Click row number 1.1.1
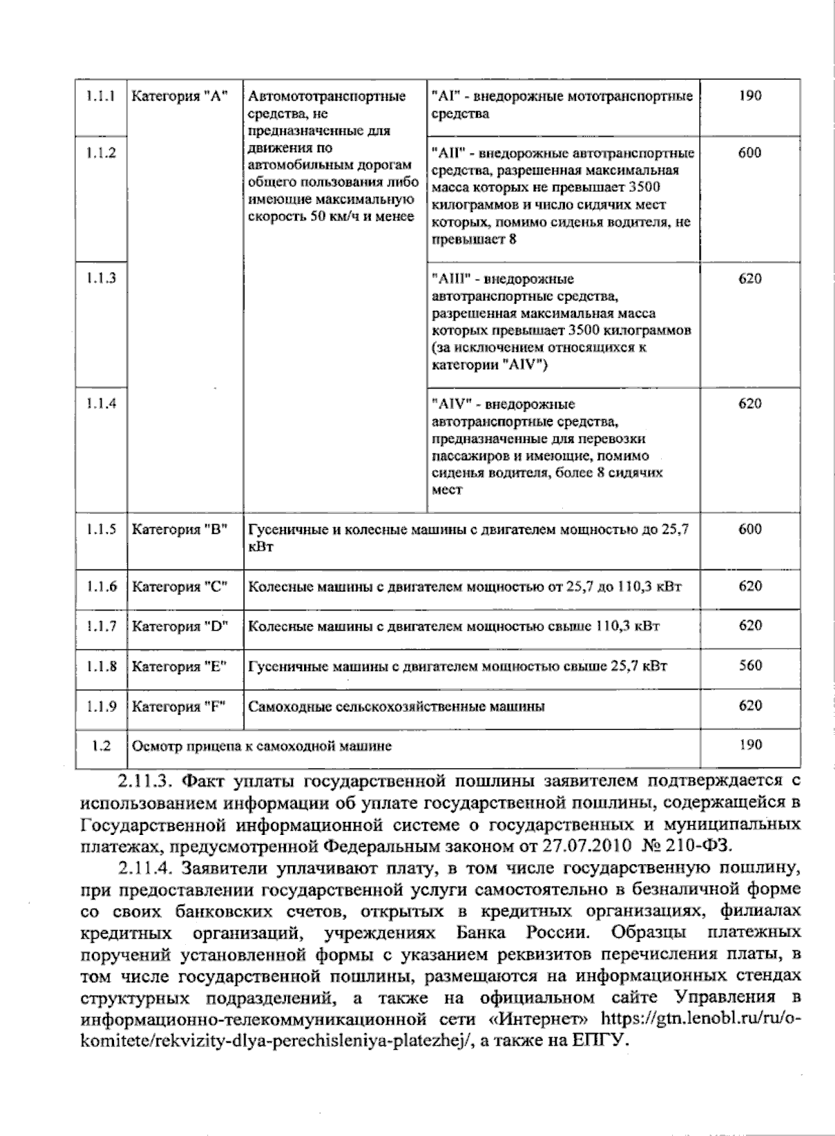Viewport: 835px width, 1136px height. point(101,96)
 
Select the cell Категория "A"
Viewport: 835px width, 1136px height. point(180,97)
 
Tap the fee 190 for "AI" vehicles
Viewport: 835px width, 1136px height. point(749,96)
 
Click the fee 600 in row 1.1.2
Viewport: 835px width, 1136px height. point(749,153)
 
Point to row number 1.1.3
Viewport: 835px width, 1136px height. point(102,278)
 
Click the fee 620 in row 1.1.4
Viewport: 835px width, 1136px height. point(749,403)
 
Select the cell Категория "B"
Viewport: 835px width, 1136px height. point(180,530)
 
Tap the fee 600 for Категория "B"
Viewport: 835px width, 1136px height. point(749,529)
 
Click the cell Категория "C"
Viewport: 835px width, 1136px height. point(180,587)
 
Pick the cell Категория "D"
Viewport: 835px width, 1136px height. point(180,626)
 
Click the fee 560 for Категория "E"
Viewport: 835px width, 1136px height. point(749,665)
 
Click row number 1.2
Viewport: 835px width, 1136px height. point(101,745)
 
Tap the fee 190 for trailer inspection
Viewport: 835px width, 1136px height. point(749,745)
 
